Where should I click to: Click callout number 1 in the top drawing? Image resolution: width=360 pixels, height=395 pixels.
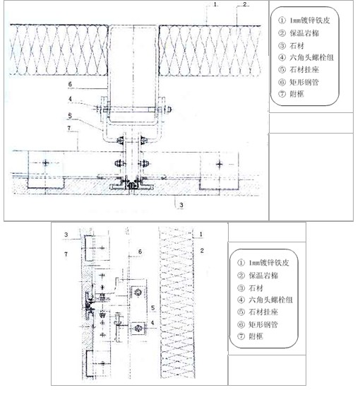point(215,4)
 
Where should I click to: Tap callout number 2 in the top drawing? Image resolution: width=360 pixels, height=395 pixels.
point(245,4)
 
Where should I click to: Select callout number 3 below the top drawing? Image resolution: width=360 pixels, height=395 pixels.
point(181,205)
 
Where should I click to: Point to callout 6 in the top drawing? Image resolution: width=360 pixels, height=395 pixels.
point(70,84)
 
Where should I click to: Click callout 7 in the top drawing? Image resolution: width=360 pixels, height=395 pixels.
point(69,128)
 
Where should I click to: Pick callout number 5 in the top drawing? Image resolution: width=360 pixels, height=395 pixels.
point(70,116)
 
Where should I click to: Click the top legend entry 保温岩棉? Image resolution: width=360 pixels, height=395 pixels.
point(304,33)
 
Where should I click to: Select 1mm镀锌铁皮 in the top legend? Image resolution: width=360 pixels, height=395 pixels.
point(310,20)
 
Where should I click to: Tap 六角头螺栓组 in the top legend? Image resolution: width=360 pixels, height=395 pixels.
point(311,57)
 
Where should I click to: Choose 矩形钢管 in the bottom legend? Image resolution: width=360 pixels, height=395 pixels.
point(263,324)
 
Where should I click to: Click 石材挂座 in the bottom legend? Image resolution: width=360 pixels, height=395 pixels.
point(263,312)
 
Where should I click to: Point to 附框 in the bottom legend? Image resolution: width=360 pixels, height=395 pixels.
point(256,336)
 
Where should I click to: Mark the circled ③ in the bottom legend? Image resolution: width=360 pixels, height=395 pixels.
point(241,288)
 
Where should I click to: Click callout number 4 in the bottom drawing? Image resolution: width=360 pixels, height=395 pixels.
point(152,323)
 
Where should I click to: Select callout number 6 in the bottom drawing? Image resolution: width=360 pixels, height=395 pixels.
point(140,251)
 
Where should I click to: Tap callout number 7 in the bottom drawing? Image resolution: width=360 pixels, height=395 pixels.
point(66,254)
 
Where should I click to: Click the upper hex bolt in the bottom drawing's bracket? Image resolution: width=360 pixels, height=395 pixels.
point(138,292)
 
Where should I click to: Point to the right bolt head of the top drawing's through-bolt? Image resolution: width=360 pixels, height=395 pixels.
point(169,110)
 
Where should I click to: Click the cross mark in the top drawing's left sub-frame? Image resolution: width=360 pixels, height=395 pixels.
point(46,163)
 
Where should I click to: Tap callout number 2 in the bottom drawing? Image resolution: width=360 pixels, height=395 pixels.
point(202,250)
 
